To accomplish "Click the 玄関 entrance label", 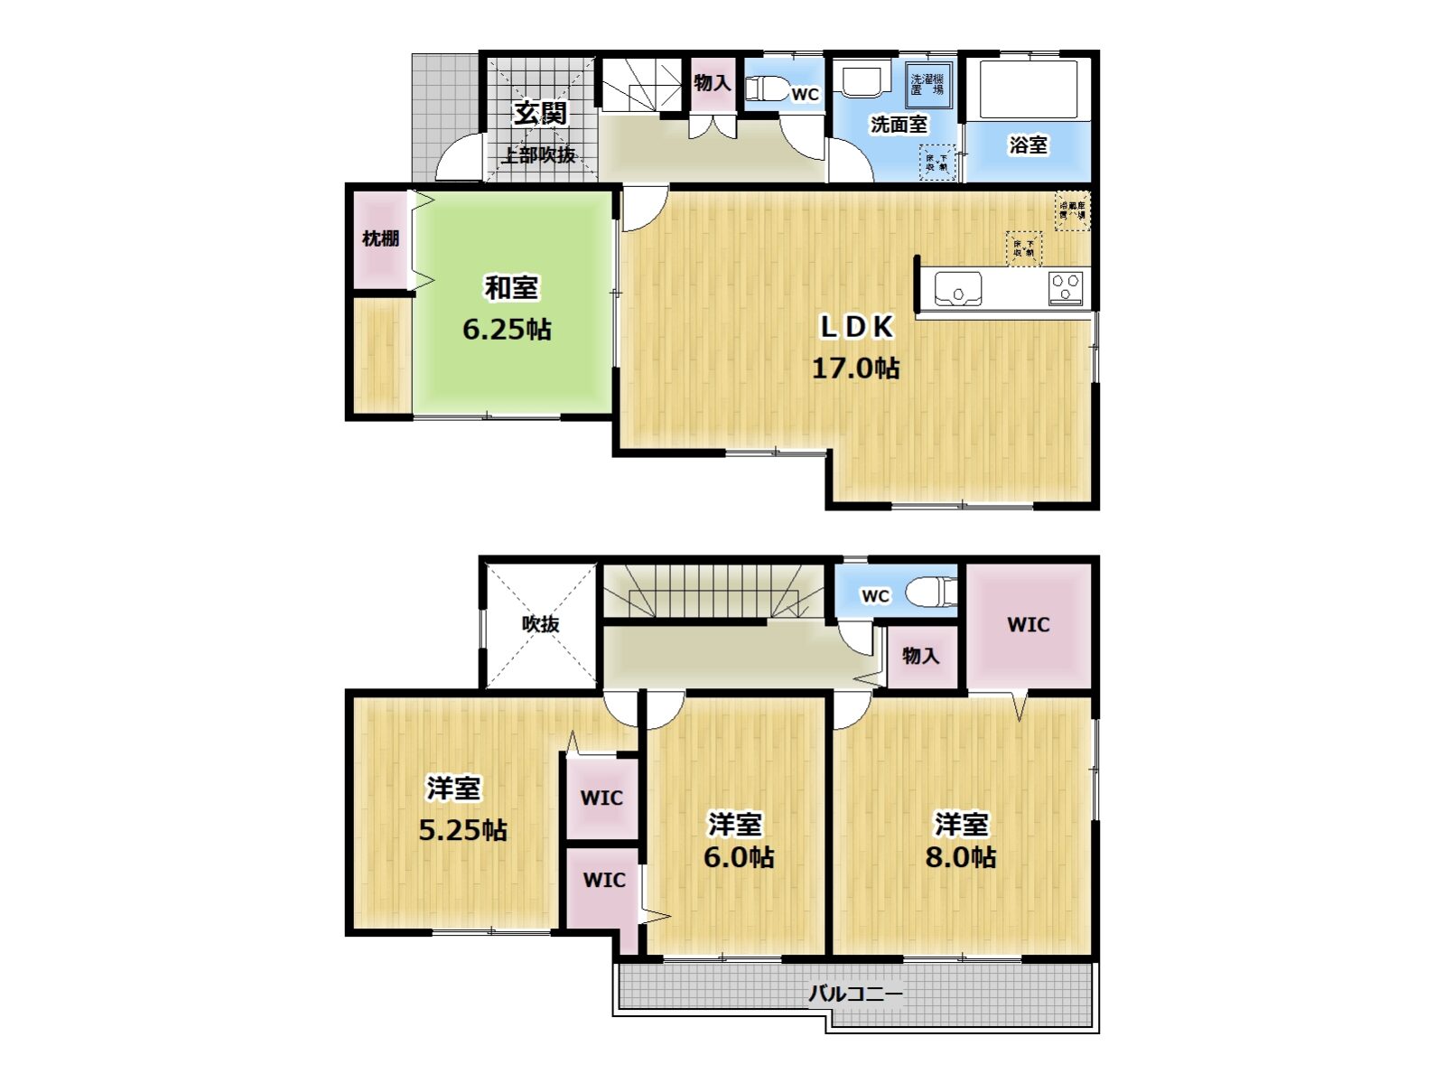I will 540,114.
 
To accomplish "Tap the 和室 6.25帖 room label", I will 508,309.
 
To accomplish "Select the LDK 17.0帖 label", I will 855,347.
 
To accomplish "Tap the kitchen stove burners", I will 1066,288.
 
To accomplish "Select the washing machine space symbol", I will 927,85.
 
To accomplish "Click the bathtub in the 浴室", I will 1028,89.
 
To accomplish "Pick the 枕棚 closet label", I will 380,238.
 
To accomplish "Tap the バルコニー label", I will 854,994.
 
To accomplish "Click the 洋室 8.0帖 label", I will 961,840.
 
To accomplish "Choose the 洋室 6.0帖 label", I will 737,840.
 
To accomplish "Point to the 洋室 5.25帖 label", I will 461,808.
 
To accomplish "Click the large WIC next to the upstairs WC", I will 1029,624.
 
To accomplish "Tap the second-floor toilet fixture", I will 930,593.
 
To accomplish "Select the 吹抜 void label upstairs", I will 540,623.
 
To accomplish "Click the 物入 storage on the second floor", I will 920,656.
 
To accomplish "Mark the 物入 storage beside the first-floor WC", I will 712,83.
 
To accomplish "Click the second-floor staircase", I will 713,593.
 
